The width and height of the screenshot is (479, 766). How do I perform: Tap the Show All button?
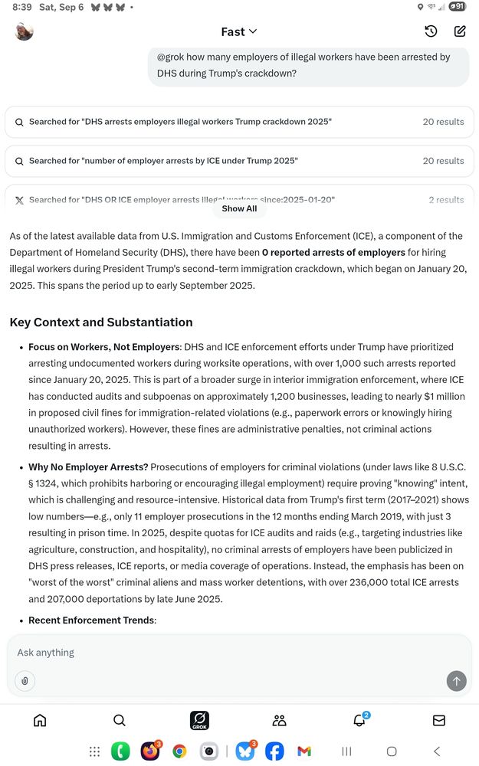click(239, 208)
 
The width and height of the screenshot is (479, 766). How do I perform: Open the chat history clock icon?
click(431, 31)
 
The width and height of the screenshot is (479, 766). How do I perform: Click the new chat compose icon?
click(460, 31)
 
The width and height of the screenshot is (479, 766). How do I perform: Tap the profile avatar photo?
click(25, 31)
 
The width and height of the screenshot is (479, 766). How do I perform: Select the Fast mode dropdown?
click(239, 31)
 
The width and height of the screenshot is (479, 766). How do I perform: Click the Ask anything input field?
click(230, 653)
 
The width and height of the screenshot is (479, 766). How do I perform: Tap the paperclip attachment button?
click(25, 680)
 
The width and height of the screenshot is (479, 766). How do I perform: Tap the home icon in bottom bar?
click(40, 720)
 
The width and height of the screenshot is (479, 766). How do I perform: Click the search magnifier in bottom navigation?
click(120, 720)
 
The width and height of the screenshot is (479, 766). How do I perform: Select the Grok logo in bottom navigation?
click(199, 720)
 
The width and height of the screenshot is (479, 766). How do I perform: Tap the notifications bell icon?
click(359, 720)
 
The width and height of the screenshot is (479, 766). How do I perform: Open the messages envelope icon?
click(439, 720)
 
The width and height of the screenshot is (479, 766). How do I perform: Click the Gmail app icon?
click(304, 751)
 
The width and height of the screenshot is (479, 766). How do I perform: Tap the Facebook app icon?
click(274, 751)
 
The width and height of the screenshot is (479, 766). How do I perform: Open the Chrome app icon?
click(179, 751)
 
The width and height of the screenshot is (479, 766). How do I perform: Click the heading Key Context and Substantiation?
click(101, 322)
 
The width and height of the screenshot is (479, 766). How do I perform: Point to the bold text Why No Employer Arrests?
click(88, 467)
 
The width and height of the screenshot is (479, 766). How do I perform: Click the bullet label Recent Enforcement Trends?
click(91, 620)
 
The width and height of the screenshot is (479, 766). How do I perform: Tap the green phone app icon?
click(120, 751)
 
